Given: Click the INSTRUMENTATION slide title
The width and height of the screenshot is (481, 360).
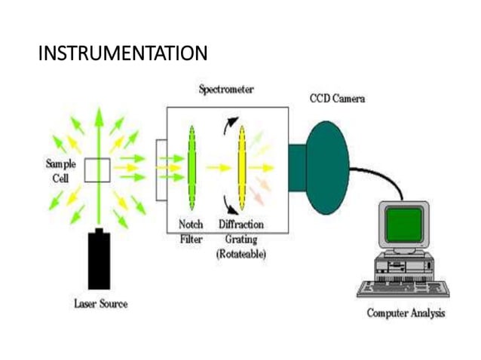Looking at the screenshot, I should pyautogui.click(x=122, y=54).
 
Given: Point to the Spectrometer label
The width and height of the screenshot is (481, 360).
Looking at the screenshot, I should pyautogui.click(x=226, y=89).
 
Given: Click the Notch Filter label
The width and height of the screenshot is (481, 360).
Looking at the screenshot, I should pyautogui.click(x=191, y=231).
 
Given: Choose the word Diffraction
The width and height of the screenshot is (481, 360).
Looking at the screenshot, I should pyautogui.click(x=241, y=224).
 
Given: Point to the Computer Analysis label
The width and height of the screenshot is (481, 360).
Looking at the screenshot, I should pyautogui.click(x=405, y=313).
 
